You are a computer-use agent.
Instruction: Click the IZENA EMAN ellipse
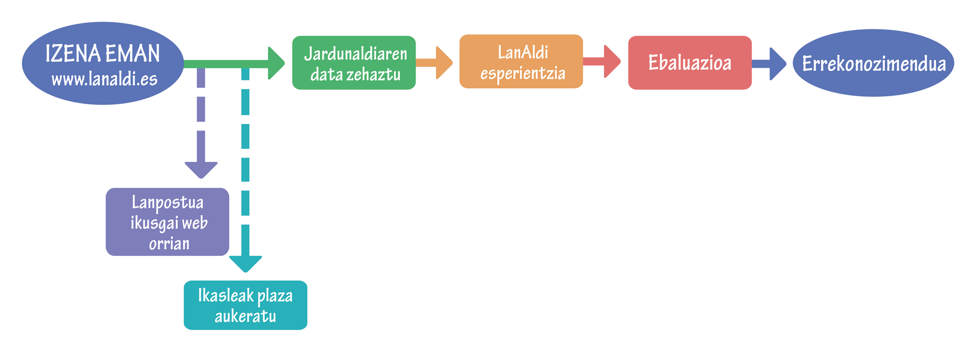coord(103,63)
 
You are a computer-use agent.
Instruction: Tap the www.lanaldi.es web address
coord(105,79)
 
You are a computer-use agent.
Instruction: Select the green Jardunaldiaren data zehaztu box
coord(354,63)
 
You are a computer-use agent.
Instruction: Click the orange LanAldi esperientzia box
coord(521,61)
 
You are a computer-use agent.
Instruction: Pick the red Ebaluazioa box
coord(690,63)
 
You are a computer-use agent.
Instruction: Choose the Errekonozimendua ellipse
coord(873,63)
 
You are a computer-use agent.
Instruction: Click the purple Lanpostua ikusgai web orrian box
coord(168,222)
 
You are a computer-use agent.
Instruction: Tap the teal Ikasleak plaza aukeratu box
coord(245,305)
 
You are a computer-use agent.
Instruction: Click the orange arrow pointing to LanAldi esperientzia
coord(434,63)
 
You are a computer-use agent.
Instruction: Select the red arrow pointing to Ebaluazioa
coord(602,61)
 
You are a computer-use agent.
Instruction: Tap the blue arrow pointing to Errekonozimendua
coord(769,64)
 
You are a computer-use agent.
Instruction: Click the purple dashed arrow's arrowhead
coord(201,170)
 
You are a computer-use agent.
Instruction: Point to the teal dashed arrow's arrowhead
coord(245,264)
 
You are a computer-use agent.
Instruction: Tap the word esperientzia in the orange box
coord(523,74)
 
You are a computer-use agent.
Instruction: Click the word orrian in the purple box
coord(169,244)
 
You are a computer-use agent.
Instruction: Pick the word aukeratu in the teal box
coord(245,316)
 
